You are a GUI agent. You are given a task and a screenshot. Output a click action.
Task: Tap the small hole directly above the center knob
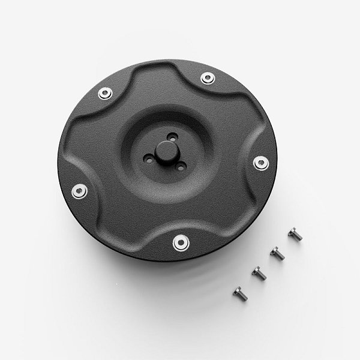[x=172, y=137]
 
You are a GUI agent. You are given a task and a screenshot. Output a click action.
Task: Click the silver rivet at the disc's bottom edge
[x=180, y=242]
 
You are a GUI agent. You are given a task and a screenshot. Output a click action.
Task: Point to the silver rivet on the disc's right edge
[x=261, y=163]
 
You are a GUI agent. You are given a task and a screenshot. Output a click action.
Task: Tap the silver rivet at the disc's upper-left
[x=105, y=94]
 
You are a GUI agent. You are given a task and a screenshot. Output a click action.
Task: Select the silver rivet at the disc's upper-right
[x=208, y=77]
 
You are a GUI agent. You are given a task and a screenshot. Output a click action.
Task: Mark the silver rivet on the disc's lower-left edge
[x=79, y=191]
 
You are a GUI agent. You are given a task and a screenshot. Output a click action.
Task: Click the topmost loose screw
[x=295, y=234]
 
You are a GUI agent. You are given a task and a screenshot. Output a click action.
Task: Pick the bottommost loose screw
[x=240, y=293]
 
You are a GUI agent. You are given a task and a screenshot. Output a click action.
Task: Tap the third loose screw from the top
[x=259, y=273]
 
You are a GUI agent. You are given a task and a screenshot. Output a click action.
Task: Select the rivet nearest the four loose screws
[x=261, y=163]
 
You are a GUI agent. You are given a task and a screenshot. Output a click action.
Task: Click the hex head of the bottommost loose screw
[x=238, y=290]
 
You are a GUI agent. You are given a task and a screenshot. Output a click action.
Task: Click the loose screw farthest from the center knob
[x=240, y=293]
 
